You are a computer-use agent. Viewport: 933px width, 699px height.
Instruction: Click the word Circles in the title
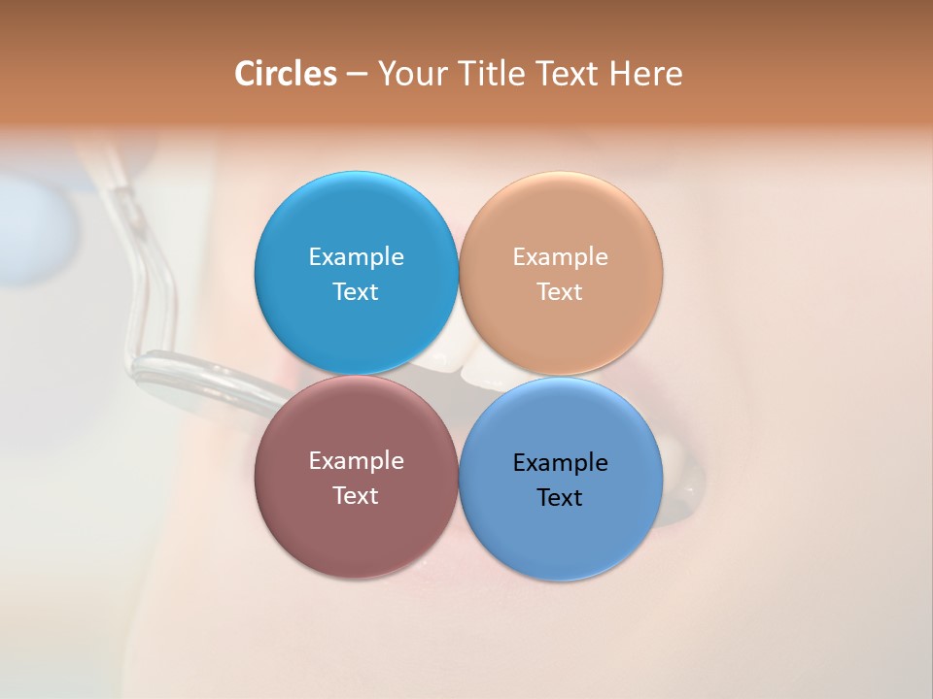coord(285,74)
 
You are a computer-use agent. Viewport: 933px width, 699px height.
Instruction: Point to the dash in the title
coord(356,75)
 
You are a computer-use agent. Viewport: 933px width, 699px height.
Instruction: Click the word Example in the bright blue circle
coord(356,257)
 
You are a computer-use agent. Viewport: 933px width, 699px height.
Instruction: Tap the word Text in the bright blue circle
coord(356,292)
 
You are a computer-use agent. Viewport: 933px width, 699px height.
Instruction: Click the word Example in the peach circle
coord(560,257)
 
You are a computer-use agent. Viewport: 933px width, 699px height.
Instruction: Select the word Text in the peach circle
coord(560,292)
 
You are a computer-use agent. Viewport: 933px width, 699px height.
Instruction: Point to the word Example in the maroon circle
coord(356,461)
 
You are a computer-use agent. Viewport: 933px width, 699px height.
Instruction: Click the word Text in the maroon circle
coord(356,496)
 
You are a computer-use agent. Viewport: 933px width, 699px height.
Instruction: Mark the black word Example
coord(560,463)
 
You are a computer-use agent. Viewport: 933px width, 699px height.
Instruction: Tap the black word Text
coord(560,498)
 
